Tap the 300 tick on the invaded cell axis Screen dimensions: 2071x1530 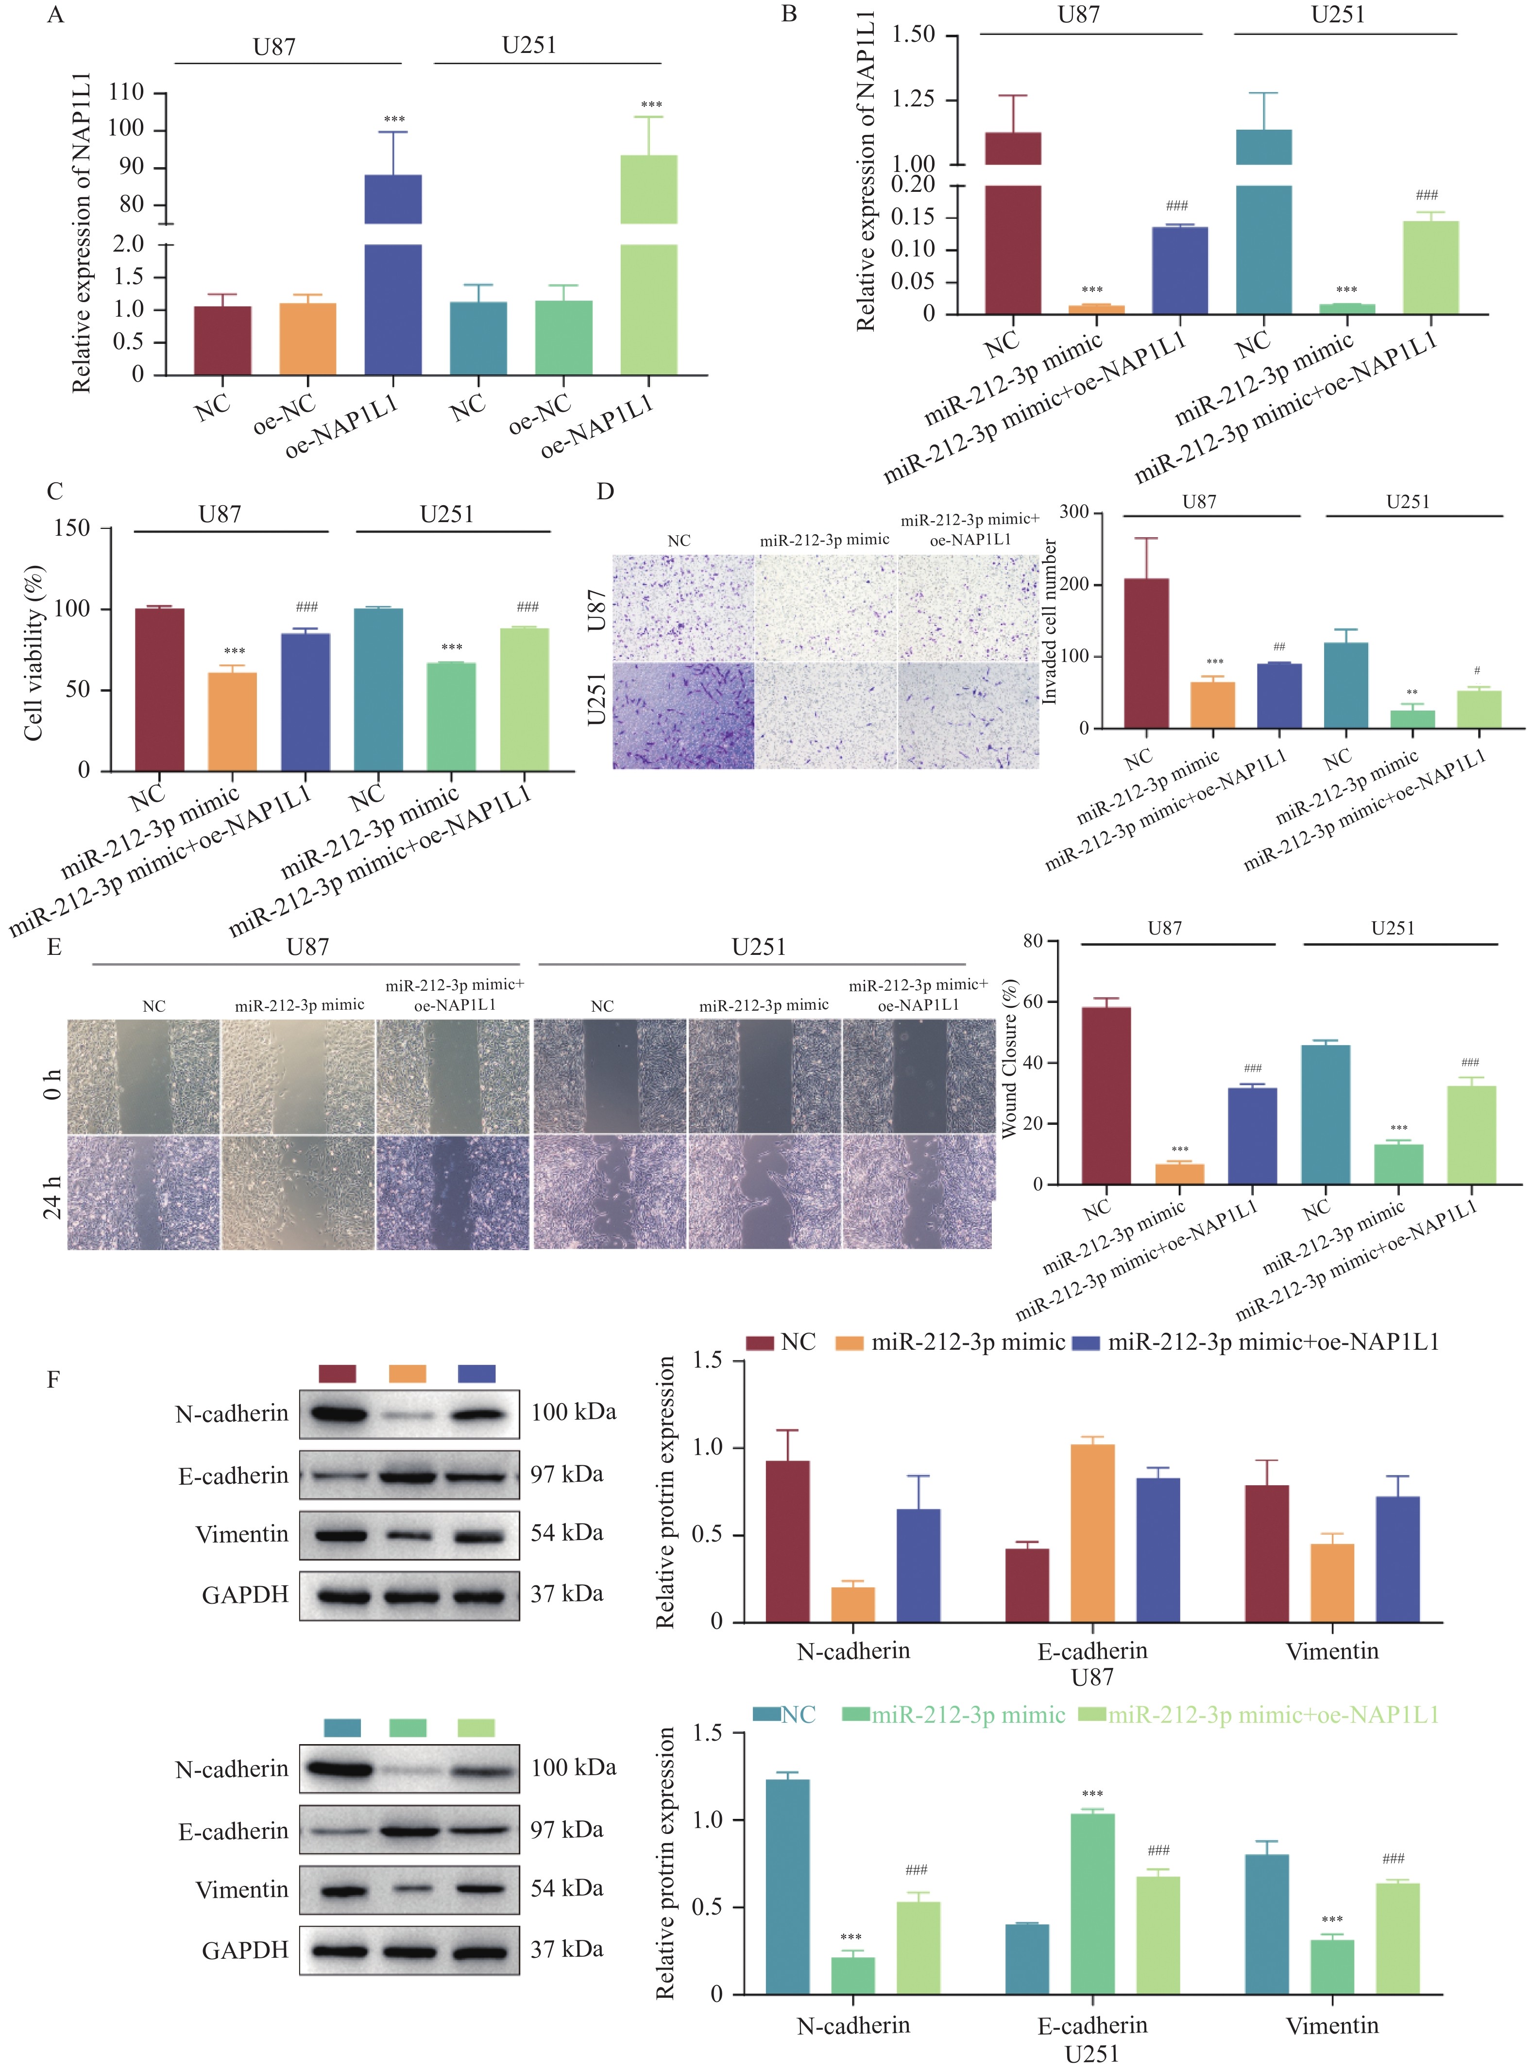(x=1074, y=512)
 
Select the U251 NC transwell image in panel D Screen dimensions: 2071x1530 (x=682, y=715)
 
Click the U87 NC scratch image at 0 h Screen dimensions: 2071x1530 (x=144, y=1076)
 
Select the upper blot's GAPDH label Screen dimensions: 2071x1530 (x=245, y=1594)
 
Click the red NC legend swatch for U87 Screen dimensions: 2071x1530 (x=760, y=1342)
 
